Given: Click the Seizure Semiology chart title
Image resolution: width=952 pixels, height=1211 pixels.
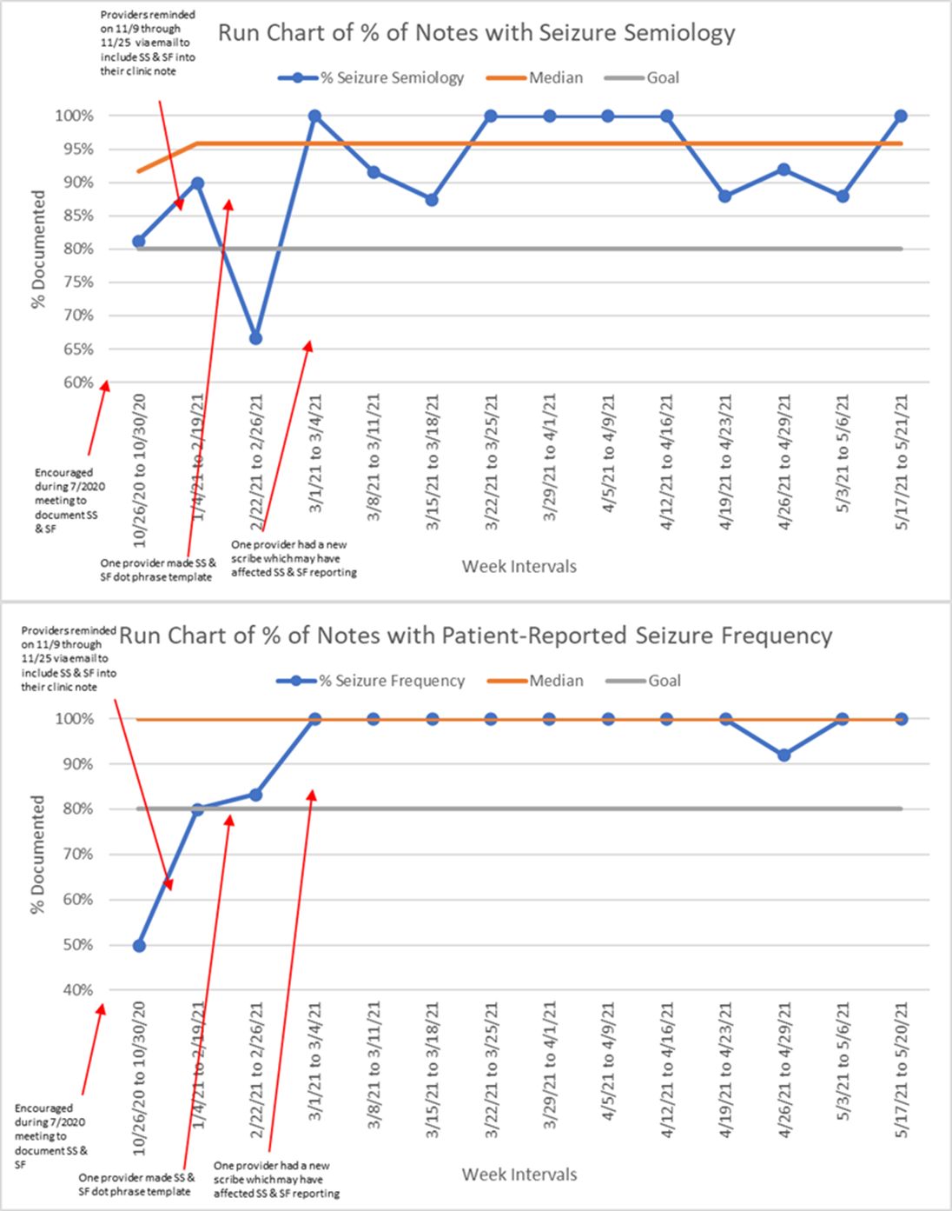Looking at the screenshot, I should pos(476,33).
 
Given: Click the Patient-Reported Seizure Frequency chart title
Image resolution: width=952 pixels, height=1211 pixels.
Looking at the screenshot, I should pos(475,636).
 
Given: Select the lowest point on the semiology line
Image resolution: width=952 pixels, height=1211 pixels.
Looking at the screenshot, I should pos(255,338).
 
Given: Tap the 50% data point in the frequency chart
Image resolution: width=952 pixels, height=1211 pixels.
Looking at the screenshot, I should pos(139,945).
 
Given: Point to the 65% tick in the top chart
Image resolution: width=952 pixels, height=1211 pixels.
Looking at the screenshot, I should pos(77,349).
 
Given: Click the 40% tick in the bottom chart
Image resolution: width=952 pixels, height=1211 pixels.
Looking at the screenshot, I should pos(77,989).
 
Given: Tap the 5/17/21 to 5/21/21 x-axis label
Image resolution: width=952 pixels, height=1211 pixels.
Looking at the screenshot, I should pos(902,461).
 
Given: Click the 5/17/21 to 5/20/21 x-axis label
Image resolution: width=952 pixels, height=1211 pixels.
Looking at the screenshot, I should pos(902,1069).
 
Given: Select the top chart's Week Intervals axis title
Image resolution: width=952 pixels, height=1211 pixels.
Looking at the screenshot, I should pos(519,566).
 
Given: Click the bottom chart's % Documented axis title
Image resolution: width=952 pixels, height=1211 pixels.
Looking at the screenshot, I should pos(37,854).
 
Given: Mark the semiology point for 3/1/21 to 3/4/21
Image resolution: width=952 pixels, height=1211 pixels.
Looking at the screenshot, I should pos(314,116).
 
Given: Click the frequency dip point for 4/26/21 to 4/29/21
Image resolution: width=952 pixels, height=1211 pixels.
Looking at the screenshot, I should pos(784,755).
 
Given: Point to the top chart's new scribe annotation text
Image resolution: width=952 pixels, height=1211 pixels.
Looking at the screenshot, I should pos(293,558).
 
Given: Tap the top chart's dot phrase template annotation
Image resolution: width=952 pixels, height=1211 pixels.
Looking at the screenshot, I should pos(157,569).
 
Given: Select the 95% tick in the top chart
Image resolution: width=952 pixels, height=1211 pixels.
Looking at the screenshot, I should pos(77,150).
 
